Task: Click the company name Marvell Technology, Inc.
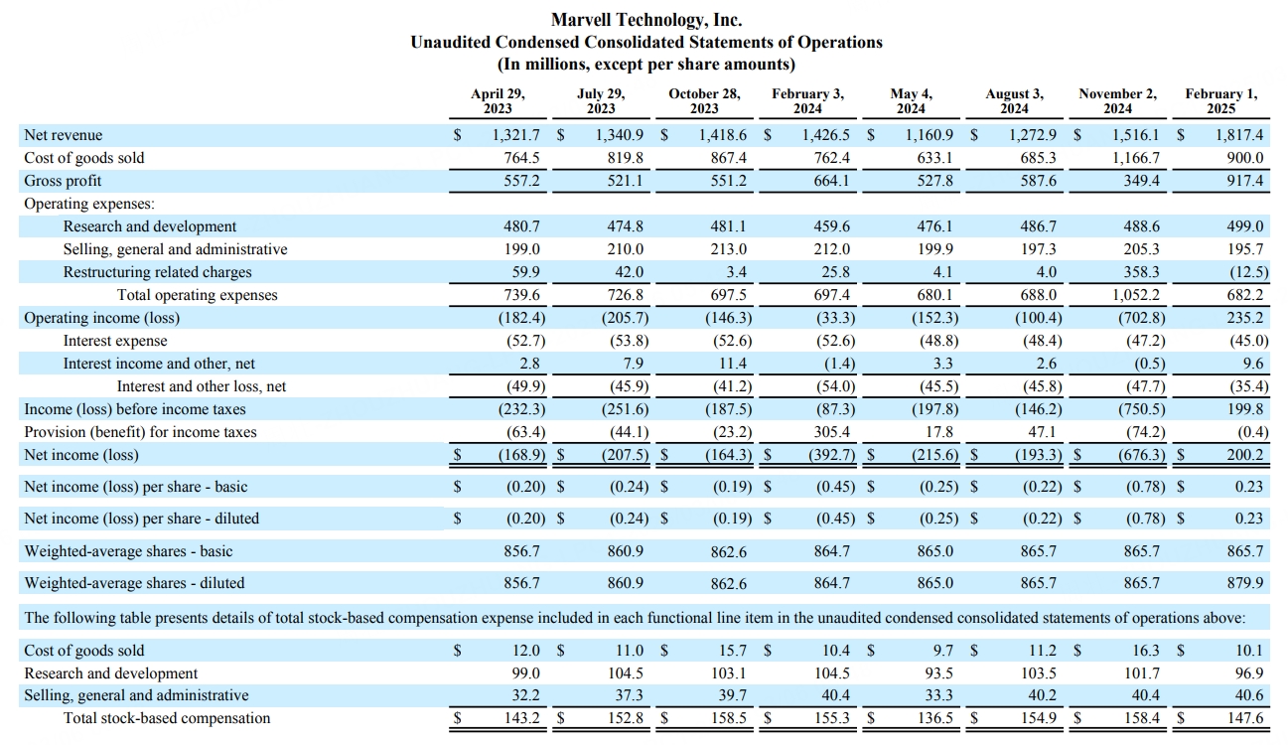(646, 20)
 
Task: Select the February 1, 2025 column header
(1221, 101)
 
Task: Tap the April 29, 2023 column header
(498, 101)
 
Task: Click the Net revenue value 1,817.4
(1239, 135)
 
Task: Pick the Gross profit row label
(63, 181)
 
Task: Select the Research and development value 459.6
(831, 226)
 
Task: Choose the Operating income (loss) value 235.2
(1245, 318)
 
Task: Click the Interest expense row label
(115, 341)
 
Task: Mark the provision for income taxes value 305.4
(831, 432)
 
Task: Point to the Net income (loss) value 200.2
(1245, 455)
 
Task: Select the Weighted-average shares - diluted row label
(134, 583)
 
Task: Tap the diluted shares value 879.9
(1245, 583)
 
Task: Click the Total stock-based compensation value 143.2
(522, 718)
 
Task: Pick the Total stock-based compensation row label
(167, 718)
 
